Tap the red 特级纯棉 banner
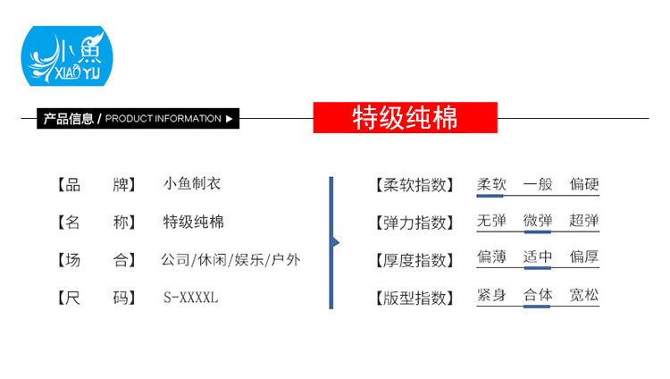point(405,118)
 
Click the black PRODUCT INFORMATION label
point(138,118)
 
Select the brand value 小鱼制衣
point(192,184)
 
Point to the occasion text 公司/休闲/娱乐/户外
point(230,260)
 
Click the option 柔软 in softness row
point(491,184)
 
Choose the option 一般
point(538,184)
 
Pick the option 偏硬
point(584,184)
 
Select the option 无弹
point(491,221)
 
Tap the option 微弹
point(538,221)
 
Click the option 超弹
point(584,221)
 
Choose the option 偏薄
point(491,257)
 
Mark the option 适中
point(538,257)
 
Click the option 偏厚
point(584,257)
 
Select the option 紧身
point(491,294)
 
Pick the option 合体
point(538,294)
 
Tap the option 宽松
point(584,294)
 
